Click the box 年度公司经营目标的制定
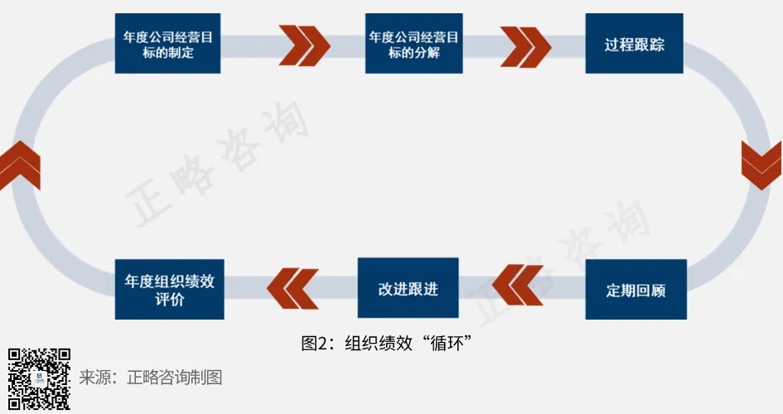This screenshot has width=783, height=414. (167, 43)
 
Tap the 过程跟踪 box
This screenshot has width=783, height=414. (634, 43)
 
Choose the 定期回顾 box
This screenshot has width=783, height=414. (636, 290)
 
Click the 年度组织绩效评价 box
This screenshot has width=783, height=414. (169, 289)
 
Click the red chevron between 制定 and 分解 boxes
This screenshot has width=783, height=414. (304, 45)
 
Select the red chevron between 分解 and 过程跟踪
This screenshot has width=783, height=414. (524, 45)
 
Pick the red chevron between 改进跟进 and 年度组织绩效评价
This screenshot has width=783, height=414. (292, 286)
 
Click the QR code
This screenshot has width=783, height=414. (39, 378)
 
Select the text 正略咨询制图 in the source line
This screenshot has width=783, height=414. (175, 378)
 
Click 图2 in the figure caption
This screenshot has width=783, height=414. (314, 342)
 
